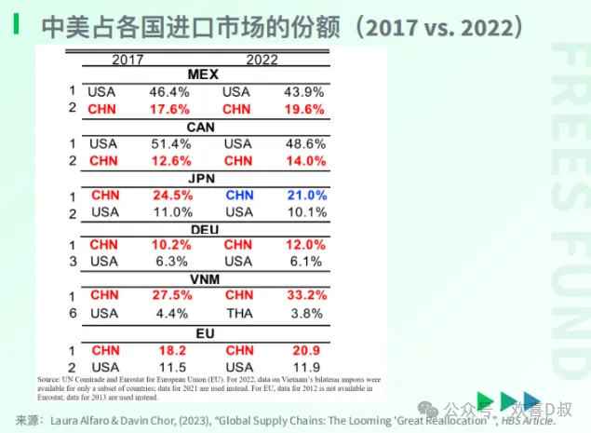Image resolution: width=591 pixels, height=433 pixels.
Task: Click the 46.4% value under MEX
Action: (x=169, y=92)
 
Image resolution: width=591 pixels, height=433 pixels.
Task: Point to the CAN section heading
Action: (x=202, y=127)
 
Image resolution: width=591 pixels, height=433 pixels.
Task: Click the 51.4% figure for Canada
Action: (x=169, y=144)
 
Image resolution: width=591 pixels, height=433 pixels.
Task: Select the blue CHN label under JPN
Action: (x=238, y=196)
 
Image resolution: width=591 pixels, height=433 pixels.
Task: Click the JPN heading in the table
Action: (x=202, y=178)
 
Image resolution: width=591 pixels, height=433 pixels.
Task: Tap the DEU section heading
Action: (x=202, y=229)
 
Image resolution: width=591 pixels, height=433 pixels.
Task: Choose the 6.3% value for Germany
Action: (x=170, y=262)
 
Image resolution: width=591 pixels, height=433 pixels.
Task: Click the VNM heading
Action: (x=202, y=278)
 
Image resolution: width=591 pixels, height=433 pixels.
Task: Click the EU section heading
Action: (x=202, y=331)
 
